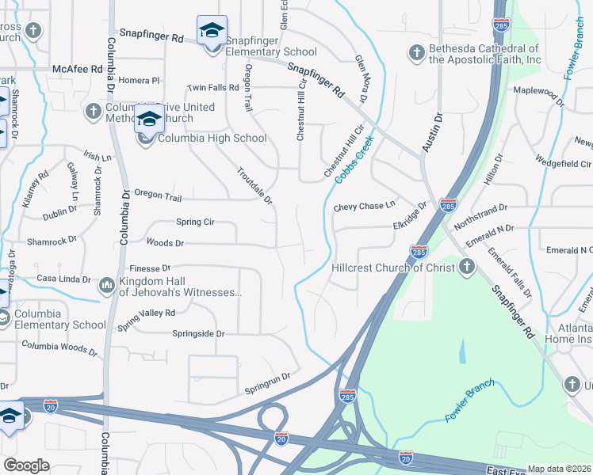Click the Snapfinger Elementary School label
[x=271, y=52]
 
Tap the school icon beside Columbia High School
[x=148, y=120]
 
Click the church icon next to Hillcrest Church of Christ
[x=467, y=266]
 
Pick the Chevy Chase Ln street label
[x=364, y=207]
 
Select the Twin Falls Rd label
[x=212, y=87]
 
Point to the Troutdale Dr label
[x=254, y=185]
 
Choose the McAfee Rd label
[x=78, y=69]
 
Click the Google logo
[x=26, y=465]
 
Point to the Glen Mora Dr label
[x=362, y=79]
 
